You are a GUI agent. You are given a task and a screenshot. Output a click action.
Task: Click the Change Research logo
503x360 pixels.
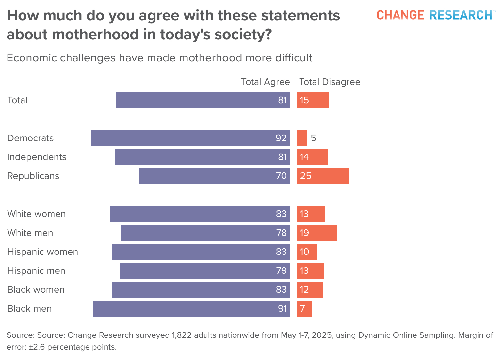click(x=434, y=15)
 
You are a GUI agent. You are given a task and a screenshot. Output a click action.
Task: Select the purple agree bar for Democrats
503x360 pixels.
click(x=191, y=138)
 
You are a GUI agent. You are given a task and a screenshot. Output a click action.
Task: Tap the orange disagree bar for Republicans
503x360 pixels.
click(x=323, y=176)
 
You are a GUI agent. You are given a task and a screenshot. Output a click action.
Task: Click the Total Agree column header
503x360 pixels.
click(x=265, y=82)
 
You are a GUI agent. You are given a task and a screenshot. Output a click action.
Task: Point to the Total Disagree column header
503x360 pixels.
click(x=330, y=82)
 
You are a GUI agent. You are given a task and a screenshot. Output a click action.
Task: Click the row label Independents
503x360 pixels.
click(x=37, y=157)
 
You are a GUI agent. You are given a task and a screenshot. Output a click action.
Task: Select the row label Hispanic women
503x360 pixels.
click(x=42, y=252)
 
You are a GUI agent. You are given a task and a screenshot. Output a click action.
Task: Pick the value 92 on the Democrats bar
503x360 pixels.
click(x=281, y=138)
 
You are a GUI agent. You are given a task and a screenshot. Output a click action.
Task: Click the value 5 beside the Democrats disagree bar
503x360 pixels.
click(x=314, y=138)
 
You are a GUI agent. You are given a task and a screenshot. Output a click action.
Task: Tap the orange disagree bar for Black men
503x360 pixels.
click(x=304, y=309)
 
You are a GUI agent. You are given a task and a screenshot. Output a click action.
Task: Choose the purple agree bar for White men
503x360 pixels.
click(x=205, y=233)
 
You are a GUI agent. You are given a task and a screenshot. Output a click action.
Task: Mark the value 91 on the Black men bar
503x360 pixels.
click(x=282, y=309)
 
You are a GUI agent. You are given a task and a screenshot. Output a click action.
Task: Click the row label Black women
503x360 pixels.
click(x=36, y=290)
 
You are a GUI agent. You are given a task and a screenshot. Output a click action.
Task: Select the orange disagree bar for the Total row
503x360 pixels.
click(x=313, y=100)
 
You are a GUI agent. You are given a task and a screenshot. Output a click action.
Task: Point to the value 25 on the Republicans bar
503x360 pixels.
click(x=306, y=176)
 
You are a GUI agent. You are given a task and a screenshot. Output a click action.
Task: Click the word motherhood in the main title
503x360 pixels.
click(x=95, y=34)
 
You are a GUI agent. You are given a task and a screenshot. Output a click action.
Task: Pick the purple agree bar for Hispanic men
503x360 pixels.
click(x=205, y=271)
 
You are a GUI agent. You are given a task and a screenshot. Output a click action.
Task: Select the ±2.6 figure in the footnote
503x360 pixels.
click(x=37, y=347)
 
